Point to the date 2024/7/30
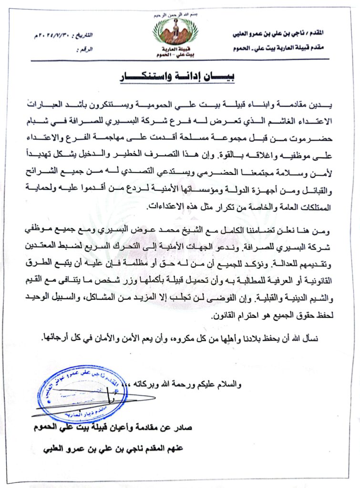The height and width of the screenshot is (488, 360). [52, 37]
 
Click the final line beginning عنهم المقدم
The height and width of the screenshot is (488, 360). [112, 449]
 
